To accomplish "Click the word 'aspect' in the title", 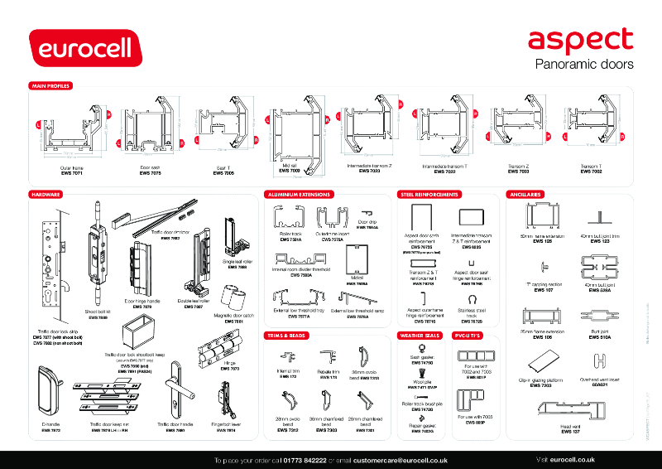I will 580,39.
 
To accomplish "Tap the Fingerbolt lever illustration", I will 226,399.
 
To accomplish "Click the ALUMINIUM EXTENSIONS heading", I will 299,194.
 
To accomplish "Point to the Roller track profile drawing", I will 290,219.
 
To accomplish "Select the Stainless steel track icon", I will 471,299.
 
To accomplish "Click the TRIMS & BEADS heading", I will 285,336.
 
